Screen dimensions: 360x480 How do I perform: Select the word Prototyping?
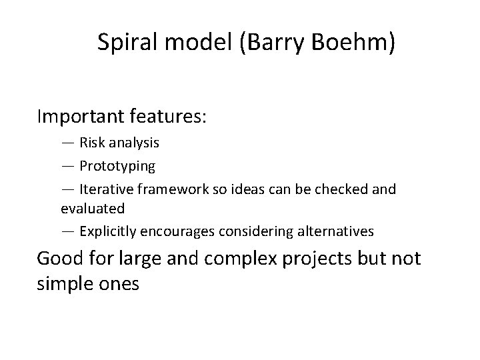(x=117, y=165)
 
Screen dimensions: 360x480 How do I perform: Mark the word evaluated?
(x=93, y=209)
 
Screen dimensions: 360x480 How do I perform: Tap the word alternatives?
(x=336, y=232)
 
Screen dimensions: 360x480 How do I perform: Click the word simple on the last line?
(x=63, y=283)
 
